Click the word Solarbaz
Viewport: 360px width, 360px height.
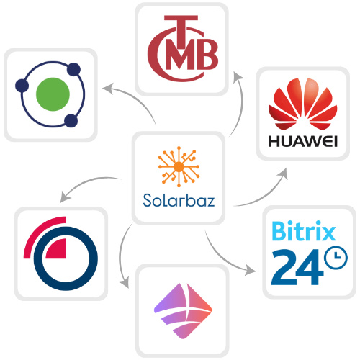tap(179, 200)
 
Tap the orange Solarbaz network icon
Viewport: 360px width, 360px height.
tap(179, 166)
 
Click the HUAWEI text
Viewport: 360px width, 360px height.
tap(303, 141)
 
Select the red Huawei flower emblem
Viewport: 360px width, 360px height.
tap(303, 104)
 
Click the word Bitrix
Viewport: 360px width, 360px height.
tap(304, 230)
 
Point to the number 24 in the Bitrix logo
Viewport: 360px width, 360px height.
tap(297, 267)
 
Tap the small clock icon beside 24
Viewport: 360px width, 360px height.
tap(336, 257)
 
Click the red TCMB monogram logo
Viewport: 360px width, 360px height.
tap(183, 48)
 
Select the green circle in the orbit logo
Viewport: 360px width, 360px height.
tap(53, 94)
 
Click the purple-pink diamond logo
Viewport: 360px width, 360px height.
tap(183, 311)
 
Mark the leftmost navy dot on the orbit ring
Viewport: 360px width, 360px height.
tap(22, 86)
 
